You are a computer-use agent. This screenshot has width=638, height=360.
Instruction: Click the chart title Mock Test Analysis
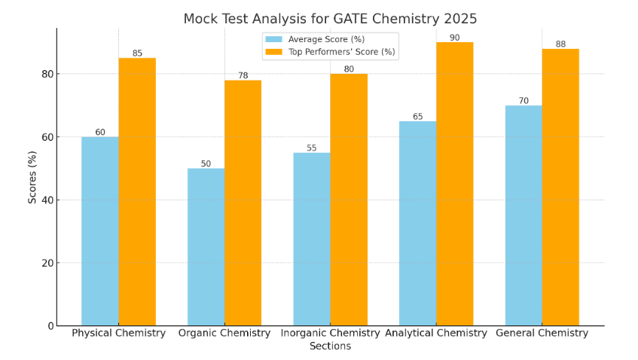(330, 20)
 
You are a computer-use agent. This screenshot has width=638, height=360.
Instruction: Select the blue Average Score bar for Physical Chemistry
(100, 231)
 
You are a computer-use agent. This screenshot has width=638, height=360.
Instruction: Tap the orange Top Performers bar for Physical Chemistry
(137, 192)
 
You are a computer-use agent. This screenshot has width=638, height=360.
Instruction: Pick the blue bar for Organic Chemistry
(206, 247)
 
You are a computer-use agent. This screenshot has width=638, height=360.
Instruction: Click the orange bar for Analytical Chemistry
(455, 184)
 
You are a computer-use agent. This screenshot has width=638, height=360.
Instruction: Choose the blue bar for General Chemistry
(524, 215)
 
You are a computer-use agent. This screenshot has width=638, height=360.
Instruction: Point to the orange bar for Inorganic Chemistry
(349, 200)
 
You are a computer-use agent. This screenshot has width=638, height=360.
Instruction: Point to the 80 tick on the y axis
(48, 74)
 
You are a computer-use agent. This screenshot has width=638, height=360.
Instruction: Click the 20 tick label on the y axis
(48, 263)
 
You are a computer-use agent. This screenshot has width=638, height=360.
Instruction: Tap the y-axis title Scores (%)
(32, 177)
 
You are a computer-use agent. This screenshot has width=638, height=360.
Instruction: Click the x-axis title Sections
(330, 346)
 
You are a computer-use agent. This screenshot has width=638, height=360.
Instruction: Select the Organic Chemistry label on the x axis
(224, 333)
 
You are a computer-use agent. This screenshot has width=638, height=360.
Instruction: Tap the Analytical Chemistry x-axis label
(436, 333)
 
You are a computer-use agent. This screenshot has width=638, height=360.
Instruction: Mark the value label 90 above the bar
(454, 38)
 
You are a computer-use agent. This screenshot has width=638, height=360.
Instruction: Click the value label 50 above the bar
(206, 163)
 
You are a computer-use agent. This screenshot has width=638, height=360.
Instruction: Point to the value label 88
(560, 44)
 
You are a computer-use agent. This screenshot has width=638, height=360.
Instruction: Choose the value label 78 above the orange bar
(243, 75)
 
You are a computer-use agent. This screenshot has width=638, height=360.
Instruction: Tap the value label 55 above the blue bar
(311, 148)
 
